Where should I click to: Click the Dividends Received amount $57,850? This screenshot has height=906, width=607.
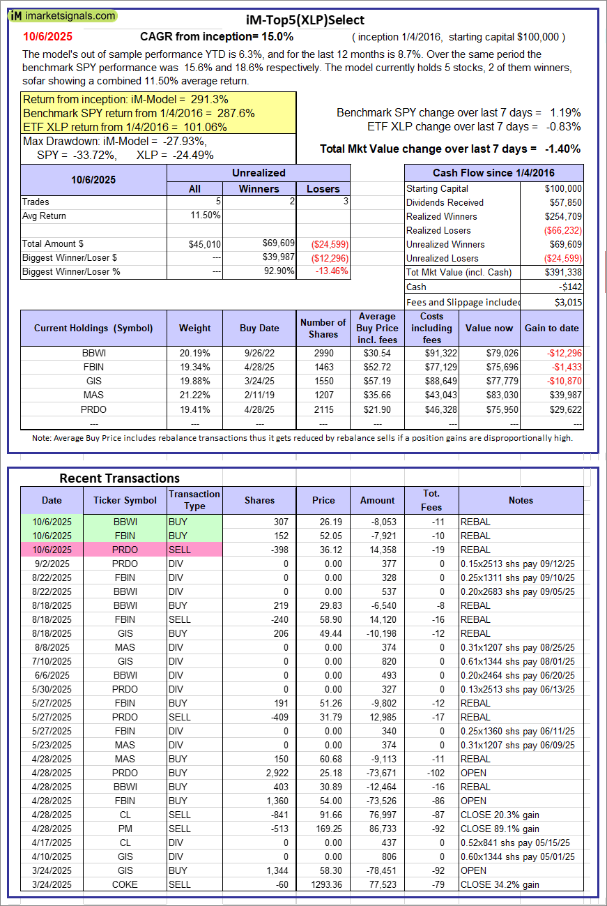click(563, 202)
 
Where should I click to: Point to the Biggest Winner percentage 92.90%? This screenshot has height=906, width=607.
click(276, 271)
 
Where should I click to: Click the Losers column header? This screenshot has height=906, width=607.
click(323, 188)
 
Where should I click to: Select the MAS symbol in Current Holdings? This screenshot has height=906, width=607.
click(93, 395)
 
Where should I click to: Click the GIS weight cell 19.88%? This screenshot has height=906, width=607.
click(194, 382)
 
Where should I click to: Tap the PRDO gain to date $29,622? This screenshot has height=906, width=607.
click(562, 409)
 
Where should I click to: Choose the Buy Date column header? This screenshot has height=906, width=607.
click(259, 328)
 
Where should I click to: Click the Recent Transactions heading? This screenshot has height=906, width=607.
click(119, 478)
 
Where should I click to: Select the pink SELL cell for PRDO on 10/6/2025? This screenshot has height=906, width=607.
click(194, 550)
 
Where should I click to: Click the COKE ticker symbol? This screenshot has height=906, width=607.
click(125, 884)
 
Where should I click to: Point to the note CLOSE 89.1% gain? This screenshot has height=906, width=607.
click(499, 829)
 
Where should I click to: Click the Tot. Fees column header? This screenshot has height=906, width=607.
click(431, 500)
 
